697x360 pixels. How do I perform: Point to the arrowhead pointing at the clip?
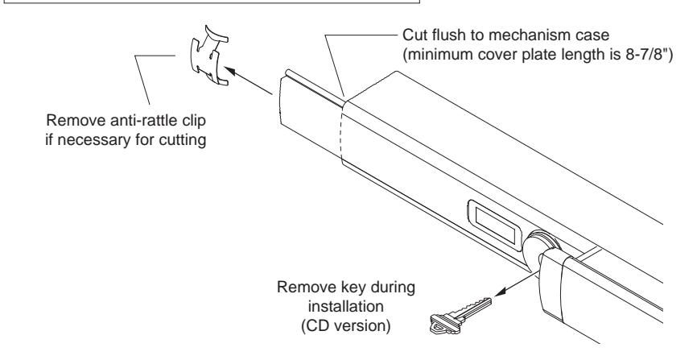coord(234,71)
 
